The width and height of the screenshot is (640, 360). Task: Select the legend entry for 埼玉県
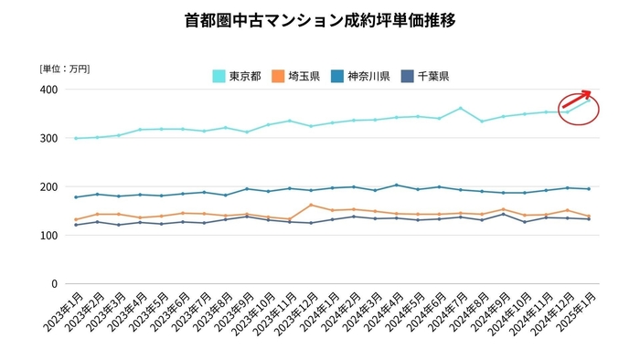coord(303,76)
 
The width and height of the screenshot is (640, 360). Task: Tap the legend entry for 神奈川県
coord(371,76)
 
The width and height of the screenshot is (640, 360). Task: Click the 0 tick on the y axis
coord(55,283)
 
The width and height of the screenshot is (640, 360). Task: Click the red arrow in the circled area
coord(576,100)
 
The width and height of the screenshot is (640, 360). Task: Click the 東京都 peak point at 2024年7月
coord(461,108)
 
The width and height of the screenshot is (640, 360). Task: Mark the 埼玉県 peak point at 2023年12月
coord(311,205)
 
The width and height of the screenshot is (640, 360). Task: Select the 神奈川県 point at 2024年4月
coord(397,185)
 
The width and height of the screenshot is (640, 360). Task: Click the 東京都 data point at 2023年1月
coord(74,138)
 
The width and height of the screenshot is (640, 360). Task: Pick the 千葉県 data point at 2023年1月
coord(74,225)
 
